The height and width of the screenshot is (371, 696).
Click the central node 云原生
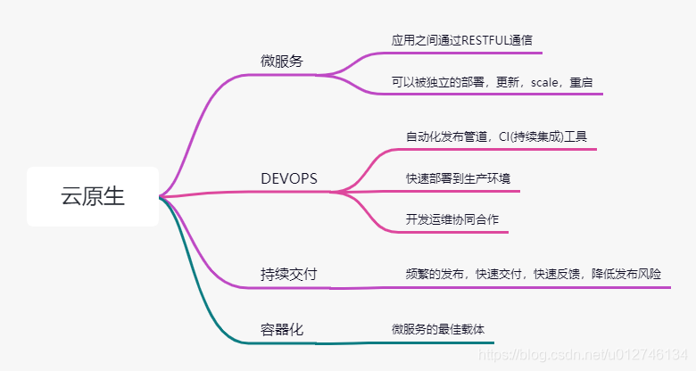click(93, 196)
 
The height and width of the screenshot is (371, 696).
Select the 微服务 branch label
click(282, 62)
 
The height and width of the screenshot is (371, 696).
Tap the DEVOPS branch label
click(289, 178)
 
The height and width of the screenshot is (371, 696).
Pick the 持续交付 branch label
click(288, 274)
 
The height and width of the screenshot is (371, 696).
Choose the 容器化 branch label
click(282, 329)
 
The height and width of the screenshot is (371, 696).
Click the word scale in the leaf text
click(545, 82)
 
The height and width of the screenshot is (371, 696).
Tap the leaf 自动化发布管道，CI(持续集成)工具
click(501, 136)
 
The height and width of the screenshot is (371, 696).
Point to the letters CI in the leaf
click(505, 136)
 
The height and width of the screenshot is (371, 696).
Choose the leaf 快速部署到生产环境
click(458, 178)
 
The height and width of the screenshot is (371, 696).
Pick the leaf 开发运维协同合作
click(452, 219)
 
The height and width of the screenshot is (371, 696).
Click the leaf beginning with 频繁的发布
click(533, 274)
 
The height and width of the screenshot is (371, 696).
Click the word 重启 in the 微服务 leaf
click(581, 82)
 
